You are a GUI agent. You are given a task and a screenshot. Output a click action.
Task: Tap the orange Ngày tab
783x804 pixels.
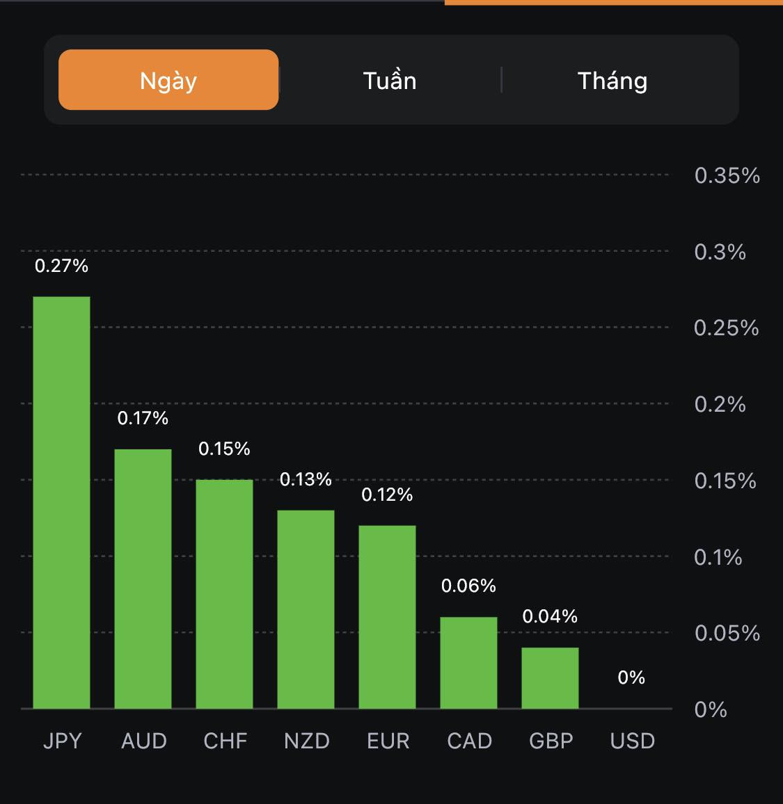click(168, 80)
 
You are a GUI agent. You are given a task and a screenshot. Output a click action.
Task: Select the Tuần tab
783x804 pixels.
click(390, 81)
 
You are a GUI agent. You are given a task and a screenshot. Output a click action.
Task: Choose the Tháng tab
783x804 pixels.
click(612, 81)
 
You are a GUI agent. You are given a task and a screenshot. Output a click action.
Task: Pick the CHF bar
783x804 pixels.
click(224, 594)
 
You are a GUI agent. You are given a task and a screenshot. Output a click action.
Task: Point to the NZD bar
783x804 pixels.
click(306, 609)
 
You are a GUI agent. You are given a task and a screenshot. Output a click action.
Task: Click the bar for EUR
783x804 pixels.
click(387, 617)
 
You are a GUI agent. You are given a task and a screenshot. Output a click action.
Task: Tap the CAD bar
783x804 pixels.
click(468, 663)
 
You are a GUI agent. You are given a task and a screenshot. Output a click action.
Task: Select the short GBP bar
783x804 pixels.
click(550, 678)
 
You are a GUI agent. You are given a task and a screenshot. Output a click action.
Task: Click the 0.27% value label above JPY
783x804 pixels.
click(61, 266)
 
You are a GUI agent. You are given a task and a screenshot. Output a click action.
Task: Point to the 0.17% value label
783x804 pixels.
click(143, 418)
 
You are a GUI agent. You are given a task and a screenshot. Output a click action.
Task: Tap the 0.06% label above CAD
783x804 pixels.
click(468, 586)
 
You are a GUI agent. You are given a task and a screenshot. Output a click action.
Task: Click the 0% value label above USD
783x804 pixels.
click(631, 677)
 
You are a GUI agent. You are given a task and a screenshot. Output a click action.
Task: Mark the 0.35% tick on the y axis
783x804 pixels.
click(727, 175)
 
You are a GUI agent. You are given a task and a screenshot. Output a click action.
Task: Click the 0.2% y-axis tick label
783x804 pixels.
click(720, 404)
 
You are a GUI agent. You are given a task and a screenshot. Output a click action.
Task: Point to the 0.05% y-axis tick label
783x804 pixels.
click(727, 633)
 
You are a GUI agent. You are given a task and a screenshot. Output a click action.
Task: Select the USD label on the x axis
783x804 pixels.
click(632, 741)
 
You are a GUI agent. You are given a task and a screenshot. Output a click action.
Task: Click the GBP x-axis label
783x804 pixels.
click(551, 741)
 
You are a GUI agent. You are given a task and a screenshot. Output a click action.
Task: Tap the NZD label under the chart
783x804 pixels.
click(306, 741)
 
